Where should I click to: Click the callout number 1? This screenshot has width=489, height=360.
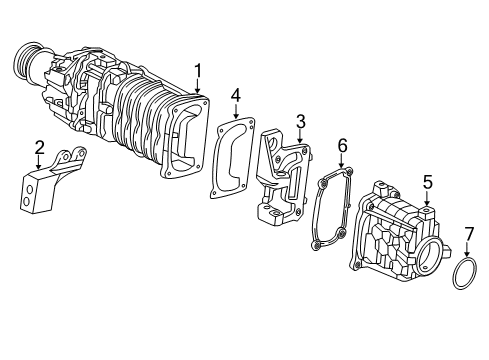[x=198, y=70]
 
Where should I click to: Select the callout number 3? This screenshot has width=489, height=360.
[x=299, y=121]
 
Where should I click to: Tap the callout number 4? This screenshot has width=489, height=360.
[x=236, y=95]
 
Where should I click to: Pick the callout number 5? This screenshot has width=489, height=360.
[x=427, y=182]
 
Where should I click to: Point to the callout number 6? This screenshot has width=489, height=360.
[x=341, y=146]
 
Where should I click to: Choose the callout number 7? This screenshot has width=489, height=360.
[x=467, y=234]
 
